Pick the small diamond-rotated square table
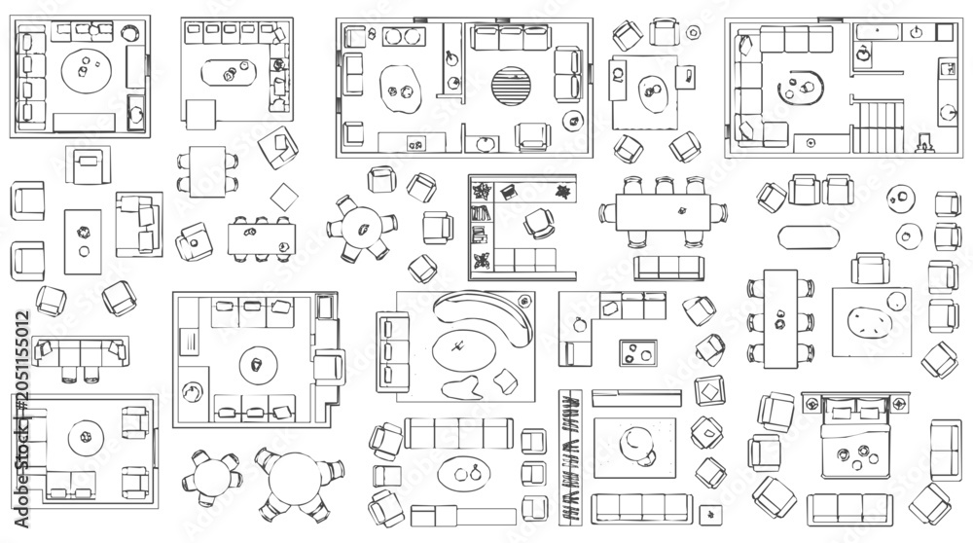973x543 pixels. tap(284, 197)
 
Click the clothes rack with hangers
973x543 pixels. tap(570, 457)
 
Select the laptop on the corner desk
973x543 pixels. tap(509, 191)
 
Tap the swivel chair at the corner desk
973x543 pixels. tap(539, 224)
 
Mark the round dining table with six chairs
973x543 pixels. tap(363, 229)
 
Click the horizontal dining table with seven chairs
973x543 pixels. tap(663, 212)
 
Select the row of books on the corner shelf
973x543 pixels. tap(481, 213)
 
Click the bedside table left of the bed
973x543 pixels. tap(811, 405)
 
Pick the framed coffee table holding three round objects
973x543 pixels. tap(638, 352)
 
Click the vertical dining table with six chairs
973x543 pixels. tap(780, 319)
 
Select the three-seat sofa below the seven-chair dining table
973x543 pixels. tap(669, 268)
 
